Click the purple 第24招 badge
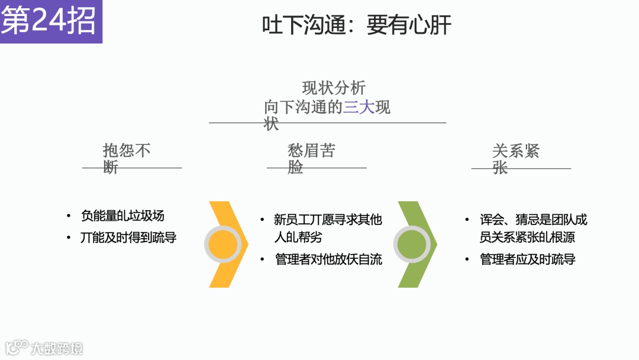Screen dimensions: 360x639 pos(50,22)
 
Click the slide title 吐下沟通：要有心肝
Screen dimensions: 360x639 pos(357,25)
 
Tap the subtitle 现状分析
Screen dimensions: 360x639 pos(334,88)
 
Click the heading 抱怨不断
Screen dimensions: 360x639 pos(126,158)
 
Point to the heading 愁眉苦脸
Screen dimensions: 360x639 pos(311,158)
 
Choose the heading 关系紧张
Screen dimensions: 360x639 pos(515,158)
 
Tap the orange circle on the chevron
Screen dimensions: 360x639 pos(222,245)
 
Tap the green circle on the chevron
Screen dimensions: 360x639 pos(412,243)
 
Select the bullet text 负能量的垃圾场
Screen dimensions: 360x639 pos(122,216)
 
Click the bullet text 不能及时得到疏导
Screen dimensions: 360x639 pos(128,238)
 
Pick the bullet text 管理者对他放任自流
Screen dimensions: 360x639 pos(328,259)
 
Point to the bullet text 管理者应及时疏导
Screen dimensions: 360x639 pos(528,259)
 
